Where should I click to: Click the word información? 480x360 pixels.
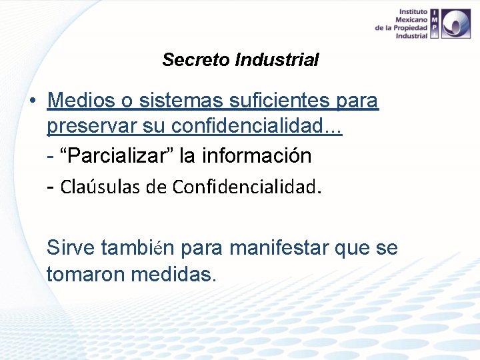[256, 156]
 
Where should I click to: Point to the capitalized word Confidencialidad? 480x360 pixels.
[244, 187]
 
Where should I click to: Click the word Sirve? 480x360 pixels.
[71, 248]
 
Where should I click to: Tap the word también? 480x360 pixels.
[137, 248]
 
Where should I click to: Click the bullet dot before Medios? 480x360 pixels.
[32, 101]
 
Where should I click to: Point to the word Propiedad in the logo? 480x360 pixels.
[411, 28]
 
